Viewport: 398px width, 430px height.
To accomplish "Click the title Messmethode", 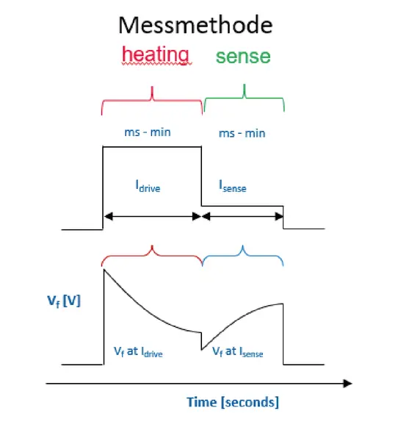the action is [x=195, y=25].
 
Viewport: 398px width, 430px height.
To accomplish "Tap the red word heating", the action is [x=156, y=55].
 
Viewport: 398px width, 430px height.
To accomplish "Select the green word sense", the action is [x=243, y=57].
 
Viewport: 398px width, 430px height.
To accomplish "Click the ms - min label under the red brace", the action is [x=148, y=132].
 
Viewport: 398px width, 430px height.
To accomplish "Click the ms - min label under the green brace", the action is [x=242, y=134].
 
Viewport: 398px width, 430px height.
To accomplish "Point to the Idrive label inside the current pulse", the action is [x=148, y=186].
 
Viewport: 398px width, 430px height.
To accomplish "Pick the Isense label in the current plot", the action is [x=233, y=186].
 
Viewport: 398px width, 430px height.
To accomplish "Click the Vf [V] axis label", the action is [x=64, y=301].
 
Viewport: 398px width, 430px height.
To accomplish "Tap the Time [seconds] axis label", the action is [x=233, y=402].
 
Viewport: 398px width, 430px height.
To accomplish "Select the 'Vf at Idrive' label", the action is [x=138, y=352].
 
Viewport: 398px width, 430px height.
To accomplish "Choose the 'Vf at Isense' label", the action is [x=238, y=352].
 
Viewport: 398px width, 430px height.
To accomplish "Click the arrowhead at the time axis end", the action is [x=348, y=384].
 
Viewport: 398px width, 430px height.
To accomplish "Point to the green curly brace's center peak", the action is [x=245, y=85].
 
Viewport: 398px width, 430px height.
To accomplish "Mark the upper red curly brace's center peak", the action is [x=152, y=87].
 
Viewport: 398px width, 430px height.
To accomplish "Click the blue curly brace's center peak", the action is [x=242, y=246].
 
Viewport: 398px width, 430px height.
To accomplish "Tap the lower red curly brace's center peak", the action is [x=152, y=246].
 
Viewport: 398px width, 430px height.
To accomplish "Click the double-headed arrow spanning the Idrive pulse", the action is [x=153, y=216].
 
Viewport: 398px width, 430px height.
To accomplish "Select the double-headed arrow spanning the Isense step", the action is [x=242, y=216].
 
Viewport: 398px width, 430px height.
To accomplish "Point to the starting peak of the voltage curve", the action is [x=104, y=270].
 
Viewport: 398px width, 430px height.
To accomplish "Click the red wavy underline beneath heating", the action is [x=156, y=64].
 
